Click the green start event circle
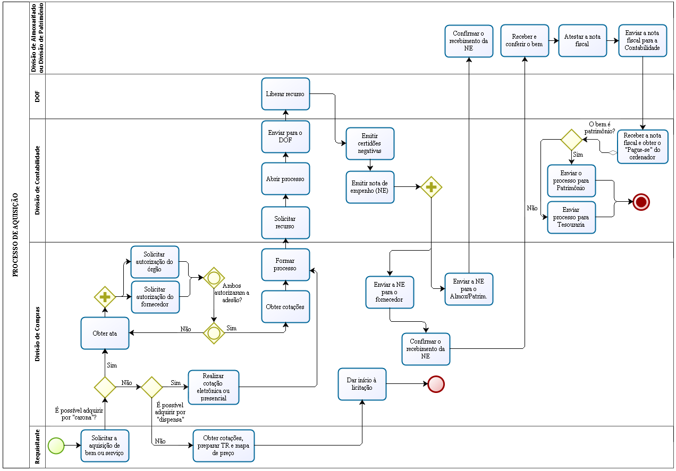[x=56, y=446]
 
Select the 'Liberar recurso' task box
[x=285, y=94]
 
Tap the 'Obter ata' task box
[x=105, y=333]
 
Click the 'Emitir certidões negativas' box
[x=370, y=143]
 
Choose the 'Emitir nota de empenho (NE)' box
[x=370, y=187]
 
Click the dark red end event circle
[x=641, y=202]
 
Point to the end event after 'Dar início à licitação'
[x=436, y=384]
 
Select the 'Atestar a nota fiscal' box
[x=582, y=40]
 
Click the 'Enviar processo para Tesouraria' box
[x=571, y=217]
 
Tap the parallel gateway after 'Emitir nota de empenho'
[x=432, y=187]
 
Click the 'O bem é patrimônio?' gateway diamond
[x=572, y=140]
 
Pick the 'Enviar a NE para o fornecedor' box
[x=390, y=292]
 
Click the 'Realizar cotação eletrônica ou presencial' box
[x=214, y=387]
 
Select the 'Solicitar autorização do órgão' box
[x=155, y=262]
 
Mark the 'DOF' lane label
[x=37, y=96]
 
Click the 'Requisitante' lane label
[x=37, y=447]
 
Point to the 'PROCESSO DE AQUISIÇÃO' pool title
[x=15, y=235]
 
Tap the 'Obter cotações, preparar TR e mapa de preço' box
[x=224, y=446]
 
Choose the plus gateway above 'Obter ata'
[x=105, y=296]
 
